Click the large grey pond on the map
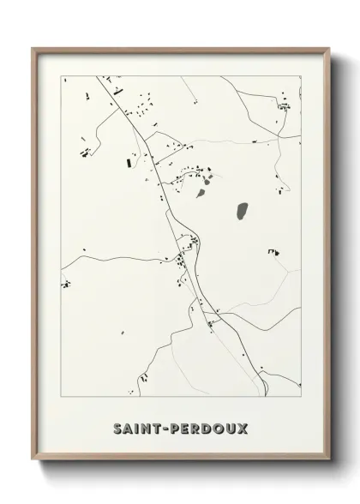point(242,209)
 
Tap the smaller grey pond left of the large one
point(201,193)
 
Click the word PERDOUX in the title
point(209,428)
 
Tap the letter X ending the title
point(244,428)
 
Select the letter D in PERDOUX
point(211,428)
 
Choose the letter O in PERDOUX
point(222,428)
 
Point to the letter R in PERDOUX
point(200,428)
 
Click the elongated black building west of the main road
point(130,160)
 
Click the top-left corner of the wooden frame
point(33,47)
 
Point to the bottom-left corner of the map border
point(60,398)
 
